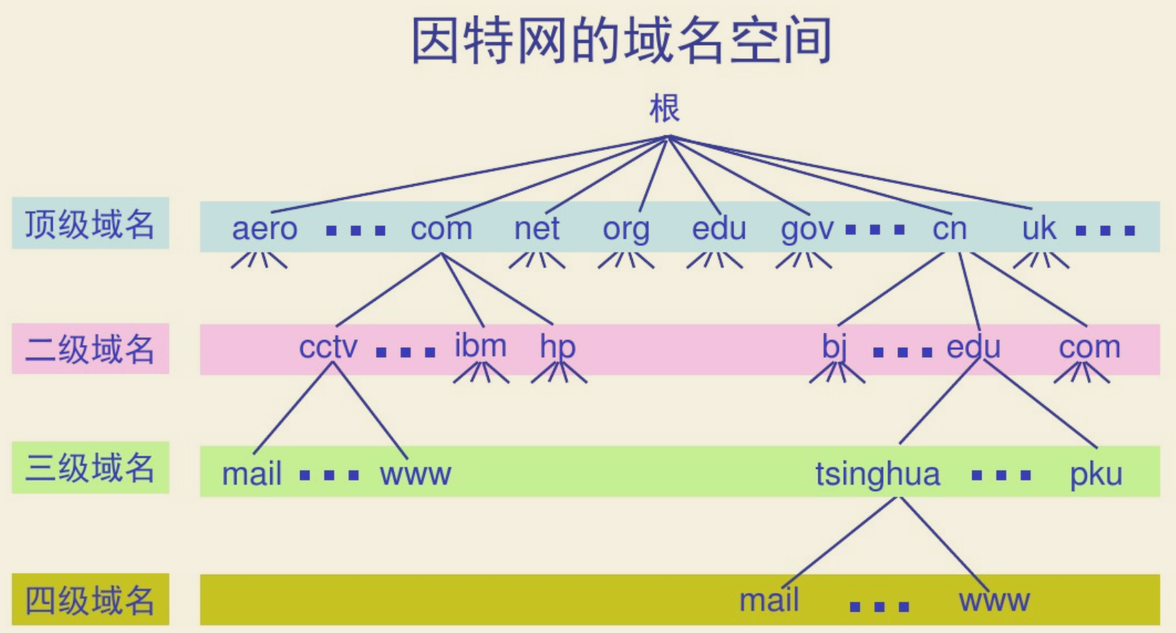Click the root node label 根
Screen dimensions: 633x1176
[664, 109]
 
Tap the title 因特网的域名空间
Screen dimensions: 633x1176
[621, 41]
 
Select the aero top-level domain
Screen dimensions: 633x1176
[264, 229]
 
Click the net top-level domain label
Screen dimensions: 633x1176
[537, 229]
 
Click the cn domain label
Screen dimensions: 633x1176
[949, 229]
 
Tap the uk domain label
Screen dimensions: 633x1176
[1038, 229]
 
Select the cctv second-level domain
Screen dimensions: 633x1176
[328, 347]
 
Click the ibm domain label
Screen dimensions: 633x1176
[480, 346]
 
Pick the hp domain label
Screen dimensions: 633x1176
[557, 347]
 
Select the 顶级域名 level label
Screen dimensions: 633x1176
[90, 224]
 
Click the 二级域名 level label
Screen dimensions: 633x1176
[90, 349]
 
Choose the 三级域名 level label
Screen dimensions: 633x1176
[90, 468]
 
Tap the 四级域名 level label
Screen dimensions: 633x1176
[90, 600]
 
